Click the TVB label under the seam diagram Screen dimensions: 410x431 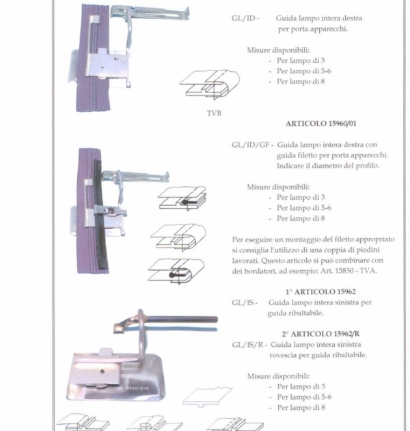tap(214, 114)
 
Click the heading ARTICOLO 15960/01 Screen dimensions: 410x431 tap(321, 124)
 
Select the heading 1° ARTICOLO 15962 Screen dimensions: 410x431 tap(320, 291)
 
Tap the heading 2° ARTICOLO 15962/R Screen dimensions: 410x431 tap(320, 334)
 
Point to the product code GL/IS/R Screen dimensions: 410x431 tap(247, 345)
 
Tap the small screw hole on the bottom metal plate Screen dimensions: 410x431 tap(102, 371)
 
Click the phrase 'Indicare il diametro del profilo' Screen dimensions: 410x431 tap(328, 166)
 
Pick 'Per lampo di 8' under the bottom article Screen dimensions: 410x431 tap(301, 408)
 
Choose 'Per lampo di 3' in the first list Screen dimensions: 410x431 tap(301, 60)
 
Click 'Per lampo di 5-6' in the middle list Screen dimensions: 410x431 tap(303, 208)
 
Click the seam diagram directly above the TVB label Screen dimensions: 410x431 tap(210, 84)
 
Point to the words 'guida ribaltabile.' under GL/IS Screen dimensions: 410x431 tap(295, 313)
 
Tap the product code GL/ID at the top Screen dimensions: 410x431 tap(243, 18)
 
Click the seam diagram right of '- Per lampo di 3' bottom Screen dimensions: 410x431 tap(208, 397)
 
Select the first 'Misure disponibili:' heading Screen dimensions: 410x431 tap(278, 51)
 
